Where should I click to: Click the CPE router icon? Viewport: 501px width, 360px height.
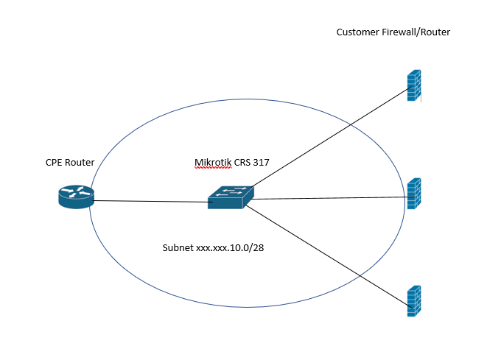click(x=77, y=197)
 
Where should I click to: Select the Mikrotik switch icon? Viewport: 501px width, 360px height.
click(x=231, y=197)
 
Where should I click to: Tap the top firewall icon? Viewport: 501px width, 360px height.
click(x=414, y=85)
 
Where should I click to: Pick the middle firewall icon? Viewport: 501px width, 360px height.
click(x=414, y=194)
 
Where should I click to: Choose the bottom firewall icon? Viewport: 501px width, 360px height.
click(x=414, y=301)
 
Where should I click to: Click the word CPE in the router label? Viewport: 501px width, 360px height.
click(x=53, y=163)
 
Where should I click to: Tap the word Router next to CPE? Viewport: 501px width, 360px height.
click(x=80, y=163)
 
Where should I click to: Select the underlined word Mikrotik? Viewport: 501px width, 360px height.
click(x=213, y=163)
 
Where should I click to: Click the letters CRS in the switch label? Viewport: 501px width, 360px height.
click(x=242, y=163)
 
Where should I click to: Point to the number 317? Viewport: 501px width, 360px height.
click(x=261, y=163)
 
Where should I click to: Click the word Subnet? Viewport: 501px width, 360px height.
click(x=178, y=248)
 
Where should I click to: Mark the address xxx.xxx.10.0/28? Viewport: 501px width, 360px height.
click(x=230, y=248)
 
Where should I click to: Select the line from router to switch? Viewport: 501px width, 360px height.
click(x=150, y=202)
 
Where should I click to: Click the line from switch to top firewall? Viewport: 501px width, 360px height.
click(x=332, y=137)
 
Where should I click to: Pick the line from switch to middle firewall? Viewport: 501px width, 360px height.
click(x=333, y=198)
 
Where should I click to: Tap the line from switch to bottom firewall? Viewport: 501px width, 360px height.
click(x=329, y=257)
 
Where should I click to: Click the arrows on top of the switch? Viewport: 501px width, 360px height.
click(x=231, y=191)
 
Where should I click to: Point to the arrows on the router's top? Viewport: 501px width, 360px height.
click(x=77, y=191)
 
